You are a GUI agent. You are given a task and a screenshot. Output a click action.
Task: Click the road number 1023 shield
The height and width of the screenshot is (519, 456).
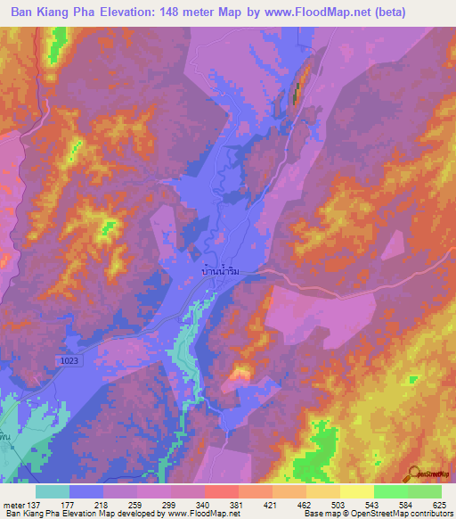click(69, 359)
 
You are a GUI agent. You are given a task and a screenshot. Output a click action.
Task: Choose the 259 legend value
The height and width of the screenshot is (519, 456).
click(135, 505)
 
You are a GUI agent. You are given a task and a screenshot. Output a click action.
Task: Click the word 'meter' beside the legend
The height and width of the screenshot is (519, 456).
click(13, 505)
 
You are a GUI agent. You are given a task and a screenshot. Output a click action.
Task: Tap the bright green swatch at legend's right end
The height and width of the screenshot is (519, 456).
click(425, 491)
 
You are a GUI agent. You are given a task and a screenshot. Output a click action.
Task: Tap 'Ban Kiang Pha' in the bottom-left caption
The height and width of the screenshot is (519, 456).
click(25, 514)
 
